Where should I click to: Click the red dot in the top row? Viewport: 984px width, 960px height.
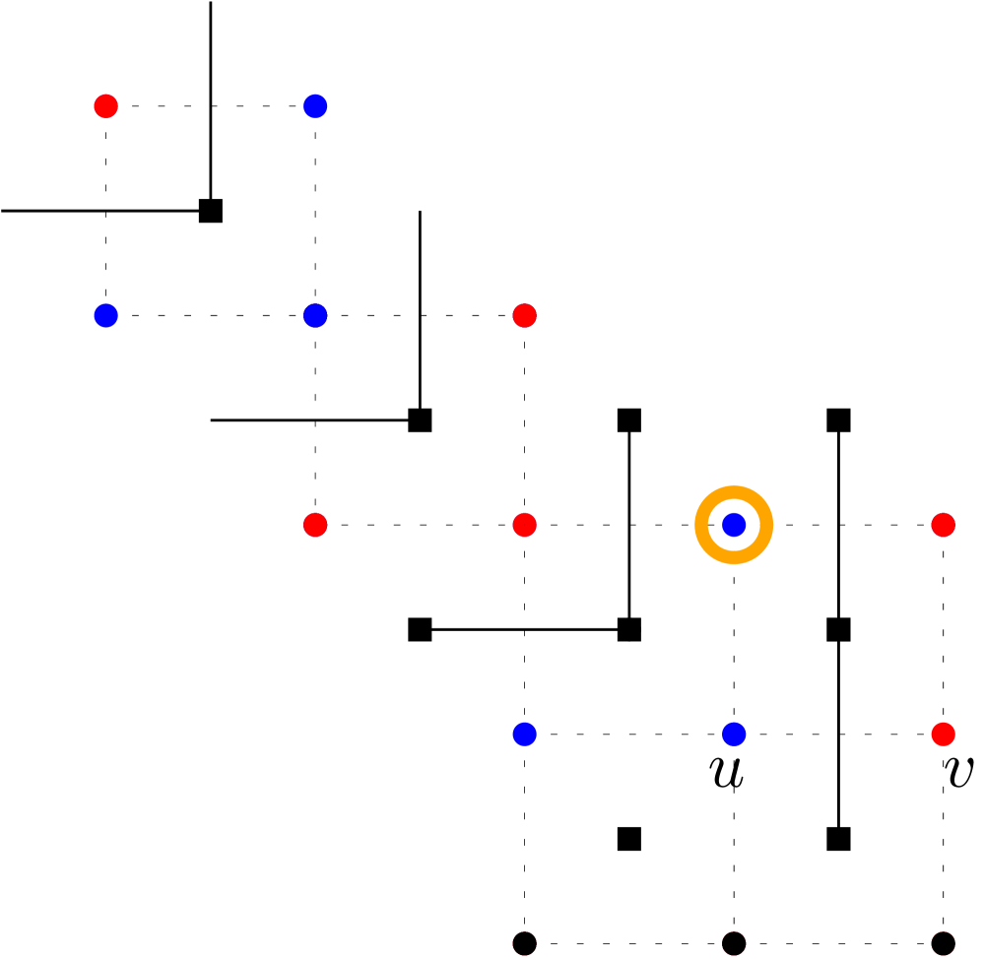click(x=105, y=106)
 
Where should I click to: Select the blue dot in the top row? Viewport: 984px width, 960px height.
click(x=315, y=106)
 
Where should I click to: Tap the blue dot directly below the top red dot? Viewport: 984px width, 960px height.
click(x=105, y=316)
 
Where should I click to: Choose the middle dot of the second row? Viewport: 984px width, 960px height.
click(x=315, y=316)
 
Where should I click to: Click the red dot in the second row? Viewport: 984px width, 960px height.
click(x=524, y=316)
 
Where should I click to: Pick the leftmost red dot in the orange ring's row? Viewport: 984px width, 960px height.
click(x=315, y=525)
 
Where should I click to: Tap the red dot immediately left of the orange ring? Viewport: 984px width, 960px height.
click(x=524, y=525)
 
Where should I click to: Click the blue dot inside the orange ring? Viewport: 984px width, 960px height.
click(x=734, y=525)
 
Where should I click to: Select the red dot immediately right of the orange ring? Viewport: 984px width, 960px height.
click(x=943, y=525)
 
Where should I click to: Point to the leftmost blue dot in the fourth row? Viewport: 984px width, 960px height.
click(x=524, y=734)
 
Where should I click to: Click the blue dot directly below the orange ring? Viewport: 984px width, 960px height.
click(x=734, y=734)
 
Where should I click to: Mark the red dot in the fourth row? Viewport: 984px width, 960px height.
click(x=943, y=734)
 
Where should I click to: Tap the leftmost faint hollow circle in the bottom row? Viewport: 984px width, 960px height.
click(x=524, y=943)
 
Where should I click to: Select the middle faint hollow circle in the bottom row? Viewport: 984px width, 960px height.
click(x=734, y=943)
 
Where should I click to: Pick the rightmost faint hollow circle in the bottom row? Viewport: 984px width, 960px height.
click(x=943, y=943)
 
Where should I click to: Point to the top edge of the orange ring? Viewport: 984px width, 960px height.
click(x=734, y=491)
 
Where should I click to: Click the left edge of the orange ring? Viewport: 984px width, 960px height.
click(x=700, y=525)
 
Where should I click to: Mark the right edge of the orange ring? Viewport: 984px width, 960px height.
click(x=767, y=525)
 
